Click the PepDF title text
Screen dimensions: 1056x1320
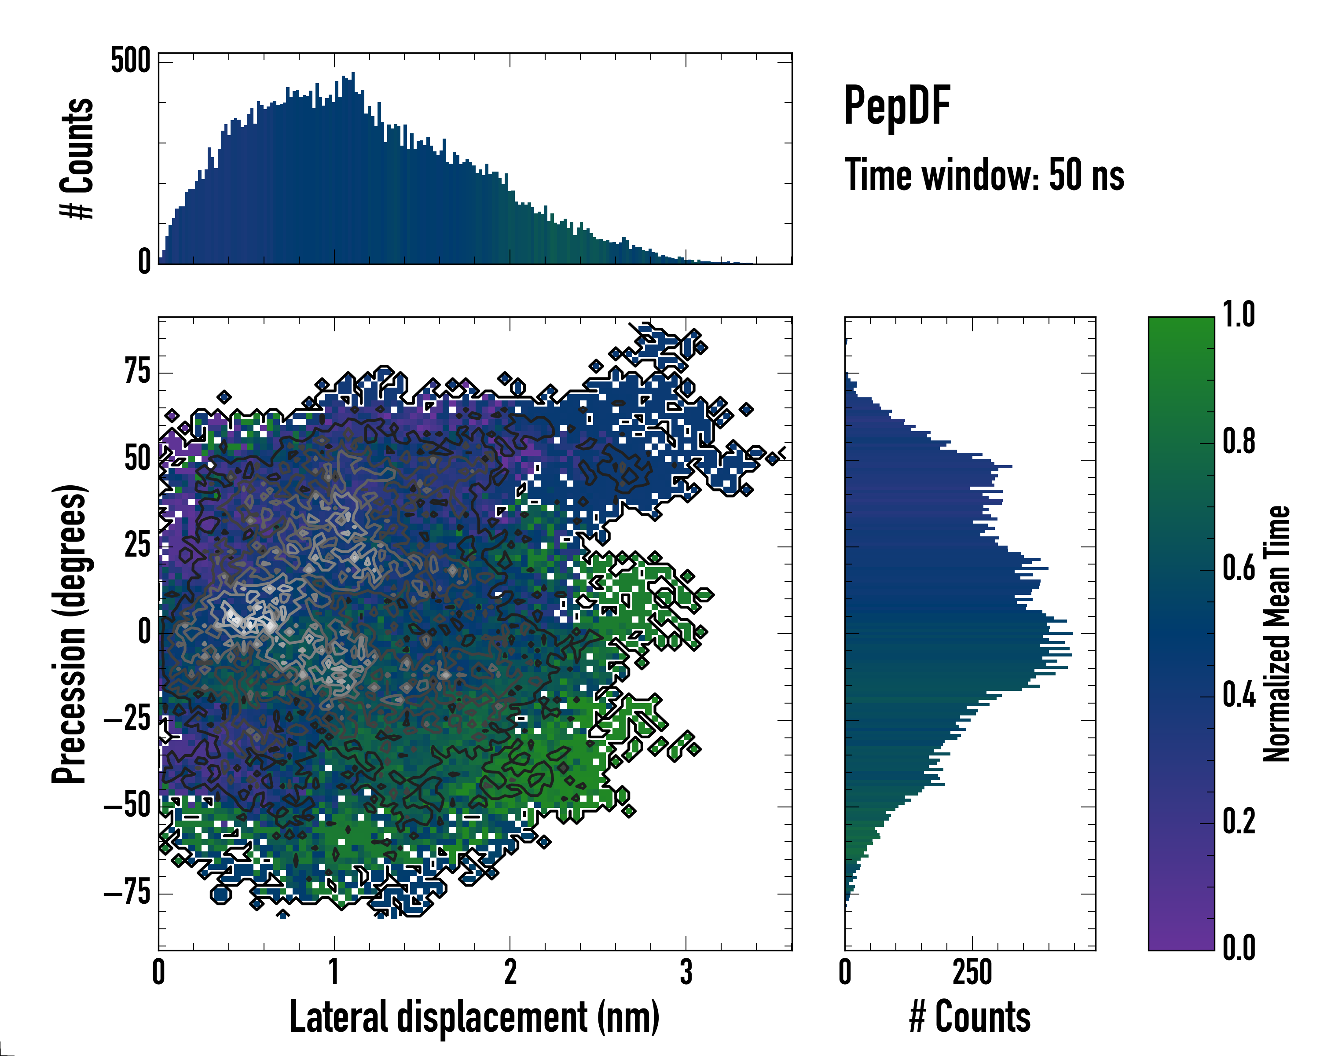click(x=897, y=106)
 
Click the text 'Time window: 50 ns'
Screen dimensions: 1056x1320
click(x=984, y=175)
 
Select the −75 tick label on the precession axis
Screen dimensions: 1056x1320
click(x=127, y=893)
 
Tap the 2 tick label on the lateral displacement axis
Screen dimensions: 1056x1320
click(x=510, y=972)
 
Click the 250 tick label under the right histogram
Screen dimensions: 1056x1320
click(x=972, y=972)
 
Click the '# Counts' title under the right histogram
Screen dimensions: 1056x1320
click(x=970, y=1016)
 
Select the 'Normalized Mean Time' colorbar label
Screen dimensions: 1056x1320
click(x=1276, y=634)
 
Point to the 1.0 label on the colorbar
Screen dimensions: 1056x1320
click(x=1239, y=314)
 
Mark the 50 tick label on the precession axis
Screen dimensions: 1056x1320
click(x=137, y=458)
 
